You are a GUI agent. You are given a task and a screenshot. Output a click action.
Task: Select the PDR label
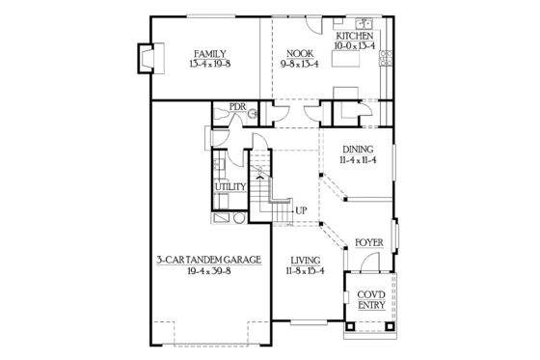tap(237, 107)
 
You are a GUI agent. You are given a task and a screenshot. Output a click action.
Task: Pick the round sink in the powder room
tap(253, 115)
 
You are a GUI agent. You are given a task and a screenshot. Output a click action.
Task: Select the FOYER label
tap(368, 241)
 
